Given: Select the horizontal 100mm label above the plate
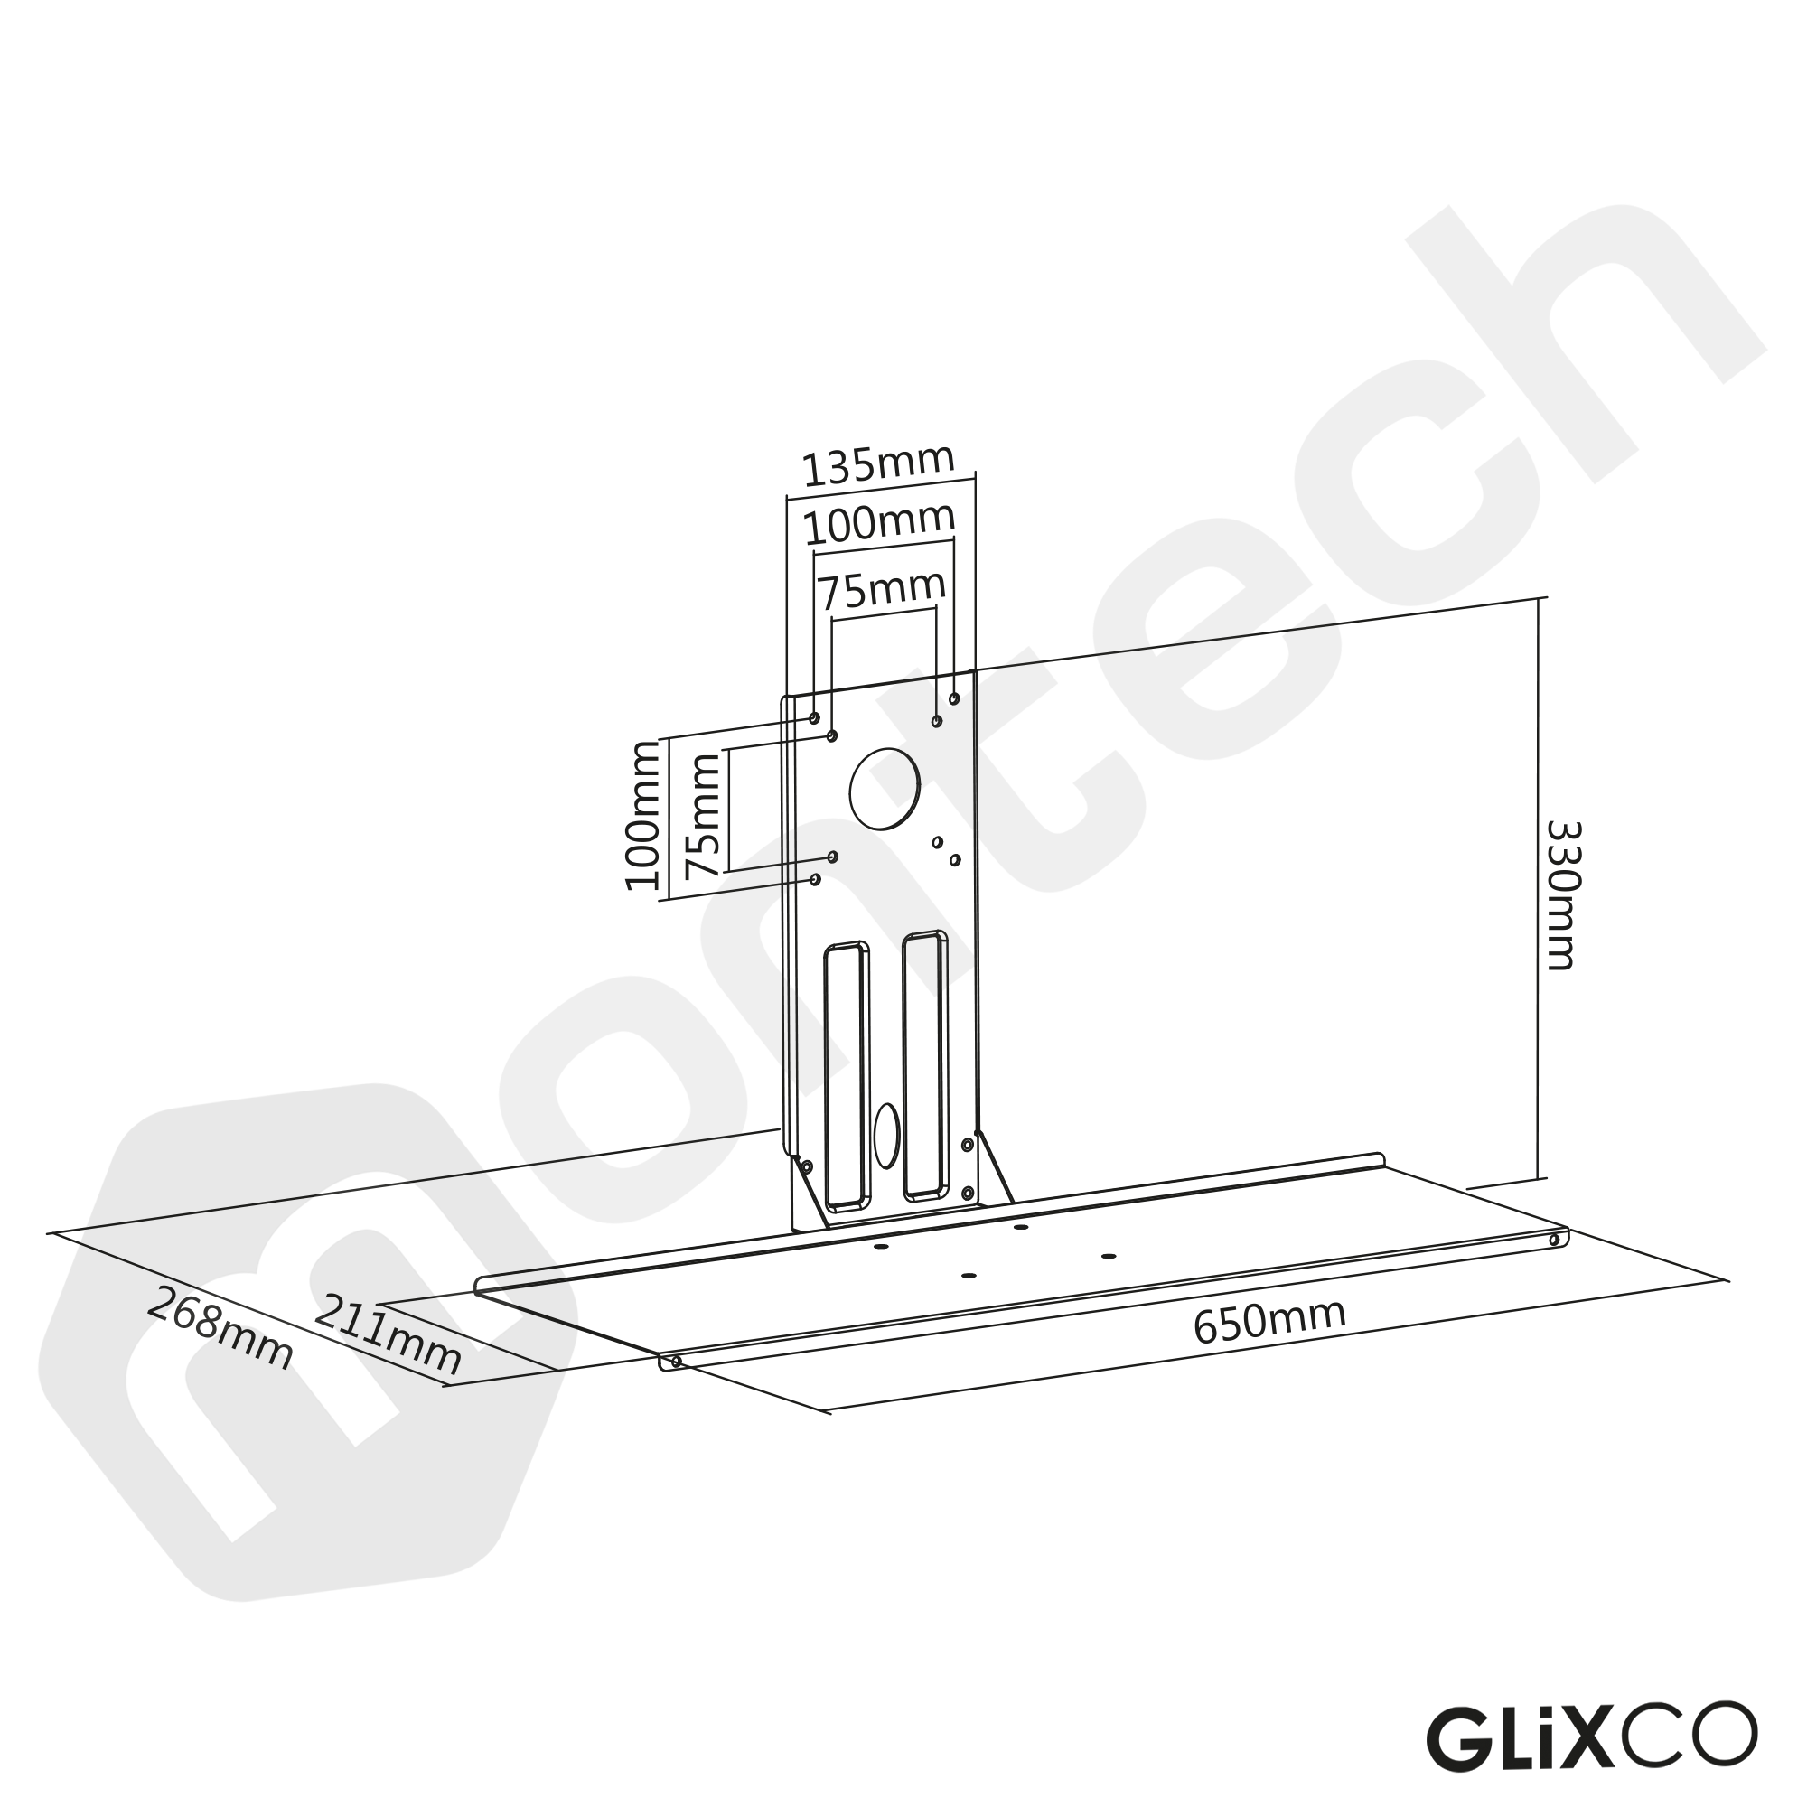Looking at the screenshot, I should (879, 525).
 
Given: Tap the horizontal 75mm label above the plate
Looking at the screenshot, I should (882, 590).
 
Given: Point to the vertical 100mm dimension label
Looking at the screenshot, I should (642, 815).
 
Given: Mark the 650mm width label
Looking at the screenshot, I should (1269, 1322).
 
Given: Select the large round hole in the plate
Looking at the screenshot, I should (884, 789).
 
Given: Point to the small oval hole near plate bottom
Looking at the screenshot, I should (885, 1135).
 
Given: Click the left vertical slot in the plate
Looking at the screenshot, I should (847, 1077).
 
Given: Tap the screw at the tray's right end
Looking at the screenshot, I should (1554, 1241).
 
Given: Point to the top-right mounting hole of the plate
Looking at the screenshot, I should (954, 698).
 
